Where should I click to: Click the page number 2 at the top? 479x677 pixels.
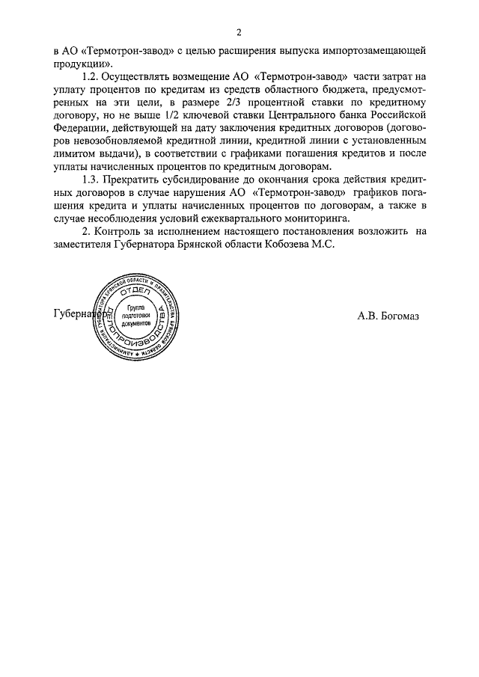pos(239,32)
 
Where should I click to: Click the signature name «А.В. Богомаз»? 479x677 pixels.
pos(388,315)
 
